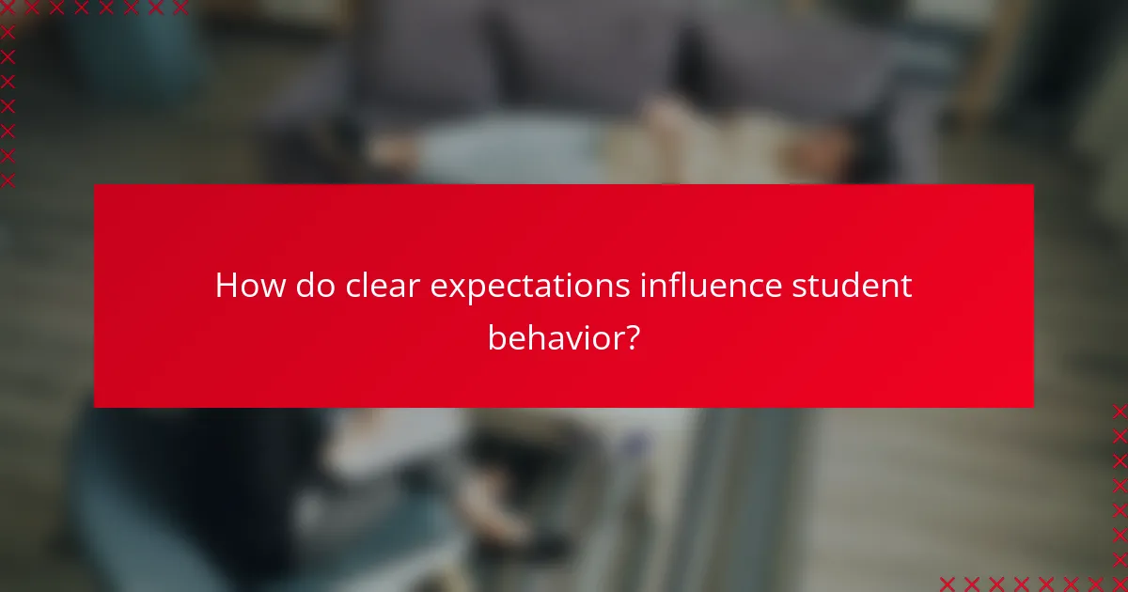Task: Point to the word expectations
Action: (530, 286)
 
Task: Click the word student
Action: (852, 285)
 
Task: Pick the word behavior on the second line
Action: (553, 336)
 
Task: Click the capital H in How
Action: (226, 285)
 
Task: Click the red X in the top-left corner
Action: (8, 8)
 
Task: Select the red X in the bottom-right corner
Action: (1120, 584)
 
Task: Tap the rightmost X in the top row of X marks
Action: (180, 8)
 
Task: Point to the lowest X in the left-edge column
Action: (8, 179)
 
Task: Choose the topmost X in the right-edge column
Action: (1120, 411)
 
